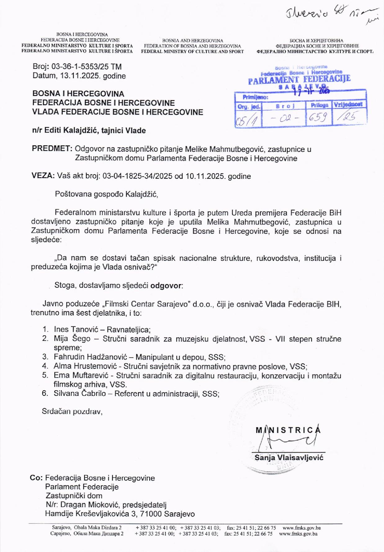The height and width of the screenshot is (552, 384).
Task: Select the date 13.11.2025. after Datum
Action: tap(79, 76)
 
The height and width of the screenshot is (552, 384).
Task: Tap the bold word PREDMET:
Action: tap(52, 149)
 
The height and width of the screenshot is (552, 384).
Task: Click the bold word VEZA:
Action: tap(43, 176)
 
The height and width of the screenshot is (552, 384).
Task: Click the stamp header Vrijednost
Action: tap(348, 105)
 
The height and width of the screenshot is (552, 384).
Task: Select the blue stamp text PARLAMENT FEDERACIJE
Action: tap(299, 79)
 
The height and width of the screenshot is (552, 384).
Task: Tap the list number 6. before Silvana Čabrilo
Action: tap(45, 394)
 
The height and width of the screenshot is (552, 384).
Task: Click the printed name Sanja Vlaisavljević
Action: tap(289, 457)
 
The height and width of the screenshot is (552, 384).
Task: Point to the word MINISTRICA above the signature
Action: tap(288, 430)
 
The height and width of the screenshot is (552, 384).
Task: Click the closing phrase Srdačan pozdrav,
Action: tap(72, 412)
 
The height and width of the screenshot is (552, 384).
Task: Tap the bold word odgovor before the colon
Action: tap(166, 285)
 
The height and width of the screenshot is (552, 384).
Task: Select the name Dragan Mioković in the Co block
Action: tap(90, 505)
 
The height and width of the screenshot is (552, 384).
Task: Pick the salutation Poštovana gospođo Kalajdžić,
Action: tap(106, 194)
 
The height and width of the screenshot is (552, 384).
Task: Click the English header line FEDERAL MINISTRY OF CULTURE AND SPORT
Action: tap(192, 52)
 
